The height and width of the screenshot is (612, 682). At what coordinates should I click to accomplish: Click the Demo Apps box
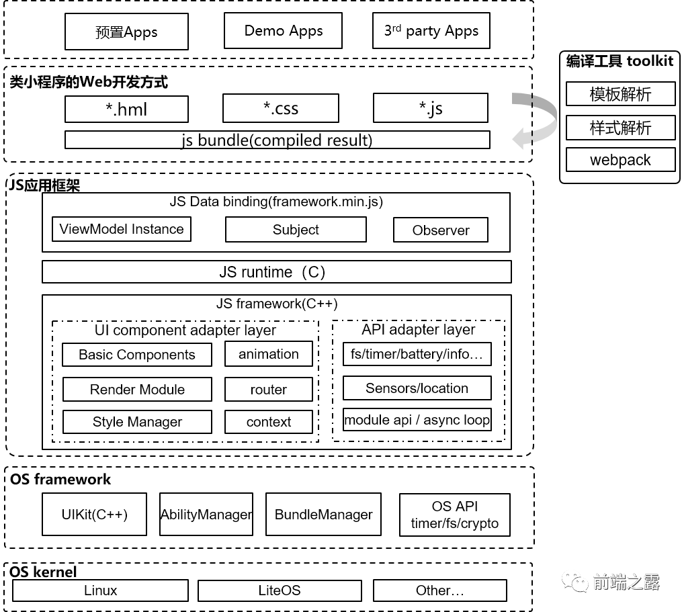[283, 31]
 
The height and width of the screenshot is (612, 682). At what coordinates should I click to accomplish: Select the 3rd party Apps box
[431, 31]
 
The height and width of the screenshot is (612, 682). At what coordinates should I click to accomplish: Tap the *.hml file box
[126, 109]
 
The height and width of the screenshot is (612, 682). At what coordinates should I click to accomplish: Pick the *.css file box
[281, 108]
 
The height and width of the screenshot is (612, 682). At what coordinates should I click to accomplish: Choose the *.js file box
[431, 107]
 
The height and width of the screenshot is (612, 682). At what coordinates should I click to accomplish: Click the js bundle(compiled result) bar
[277, 140]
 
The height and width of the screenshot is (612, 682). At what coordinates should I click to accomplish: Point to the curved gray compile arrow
[536, 120]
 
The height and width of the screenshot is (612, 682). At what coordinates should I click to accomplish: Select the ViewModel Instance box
[122, 229]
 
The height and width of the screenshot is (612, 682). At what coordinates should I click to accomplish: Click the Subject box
[296, 230]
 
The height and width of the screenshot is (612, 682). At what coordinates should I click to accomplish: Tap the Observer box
[441, 230]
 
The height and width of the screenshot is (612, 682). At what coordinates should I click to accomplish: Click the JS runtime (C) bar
[276, 272]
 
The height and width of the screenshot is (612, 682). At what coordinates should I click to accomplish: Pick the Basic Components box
[137, 355]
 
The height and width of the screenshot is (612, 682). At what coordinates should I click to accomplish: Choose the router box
[269, 390]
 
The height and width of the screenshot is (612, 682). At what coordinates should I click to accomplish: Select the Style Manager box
[137, 422]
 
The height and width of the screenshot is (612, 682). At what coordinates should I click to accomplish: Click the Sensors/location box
[417, 388]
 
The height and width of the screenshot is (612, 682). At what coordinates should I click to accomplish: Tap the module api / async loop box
[417, 421]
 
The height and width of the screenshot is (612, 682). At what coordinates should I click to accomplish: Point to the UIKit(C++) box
[94, 515]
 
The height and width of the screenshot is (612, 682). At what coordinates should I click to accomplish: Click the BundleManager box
[323, 515]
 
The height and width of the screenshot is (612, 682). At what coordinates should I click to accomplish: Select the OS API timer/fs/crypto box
[455, 515]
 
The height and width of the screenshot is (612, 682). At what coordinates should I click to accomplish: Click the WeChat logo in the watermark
[574, 581]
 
